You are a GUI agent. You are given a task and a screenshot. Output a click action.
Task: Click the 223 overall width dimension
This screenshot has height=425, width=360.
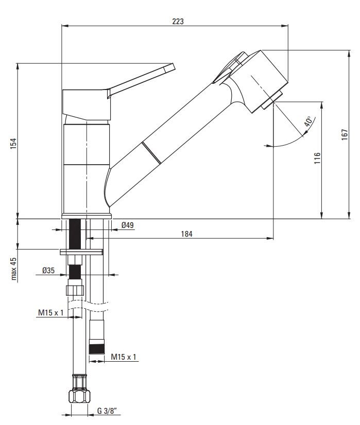(x=178, y=21)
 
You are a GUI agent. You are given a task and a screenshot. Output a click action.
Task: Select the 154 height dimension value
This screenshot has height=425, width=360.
(x=13, y=144)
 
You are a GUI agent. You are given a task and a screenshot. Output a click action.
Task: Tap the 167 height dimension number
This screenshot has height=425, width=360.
(x=344, y=134)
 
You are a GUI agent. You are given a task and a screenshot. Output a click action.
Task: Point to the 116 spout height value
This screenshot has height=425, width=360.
(x=317, y=158)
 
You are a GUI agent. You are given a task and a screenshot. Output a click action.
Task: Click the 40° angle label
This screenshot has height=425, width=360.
(x=308, y=121)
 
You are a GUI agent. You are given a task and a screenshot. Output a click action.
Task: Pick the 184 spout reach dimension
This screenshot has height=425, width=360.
(x=186, y=234)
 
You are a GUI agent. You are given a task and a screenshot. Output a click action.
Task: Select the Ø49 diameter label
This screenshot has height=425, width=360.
(x=128, y=225)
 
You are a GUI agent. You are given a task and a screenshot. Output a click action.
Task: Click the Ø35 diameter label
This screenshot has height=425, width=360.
(x=48, y=270)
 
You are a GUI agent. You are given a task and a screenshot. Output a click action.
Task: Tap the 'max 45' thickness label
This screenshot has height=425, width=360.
(x=13, y=269)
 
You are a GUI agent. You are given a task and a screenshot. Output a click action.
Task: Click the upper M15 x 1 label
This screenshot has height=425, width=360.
(x=51, y=312)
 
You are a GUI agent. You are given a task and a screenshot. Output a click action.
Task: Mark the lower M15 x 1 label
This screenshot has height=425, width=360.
(x=124, y=357)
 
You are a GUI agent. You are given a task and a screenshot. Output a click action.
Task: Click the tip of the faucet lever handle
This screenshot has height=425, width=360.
(x=174, y=66)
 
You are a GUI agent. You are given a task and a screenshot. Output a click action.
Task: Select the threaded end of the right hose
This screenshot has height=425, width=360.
(x=97, y=348)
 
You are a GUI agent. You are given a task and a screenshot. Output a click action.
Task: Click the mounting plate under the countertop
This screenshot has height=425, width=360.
(x=81, y=252)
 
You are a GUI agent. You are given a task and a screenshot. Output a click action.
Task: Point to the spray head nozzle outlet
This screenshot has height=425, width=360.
(x=272, y=100)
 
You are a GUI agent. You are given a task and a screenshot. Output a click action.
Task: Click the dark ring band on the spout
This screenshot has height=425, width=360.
(x=151, y=153)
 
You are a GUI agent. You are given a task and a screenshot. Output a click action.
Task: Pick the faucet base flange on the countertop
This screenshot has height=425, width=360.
(x=87, y=216)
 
